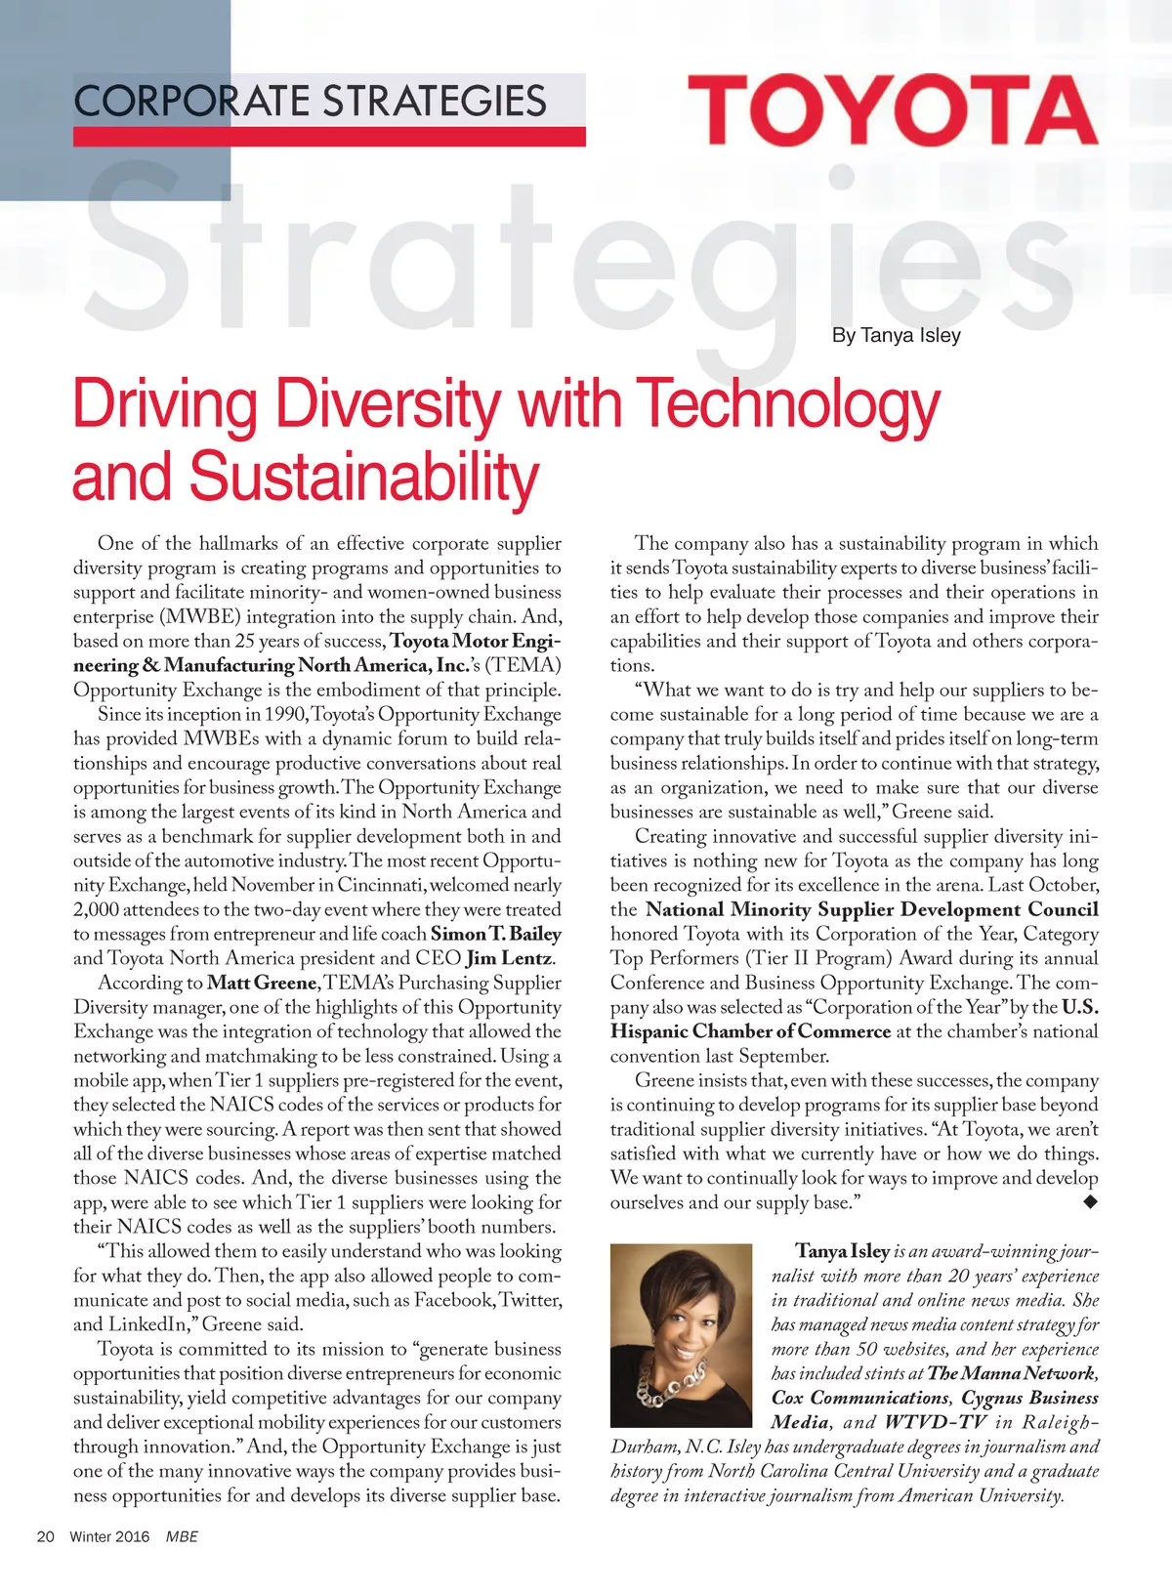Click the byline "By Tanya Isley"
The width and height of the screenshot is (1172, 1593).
[x=896, y=335]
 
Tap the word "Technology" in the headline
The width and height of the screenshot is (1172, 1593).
[x=787, y=404]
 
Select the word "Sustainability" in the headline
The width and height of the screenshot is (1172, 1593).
[x=363, y=477]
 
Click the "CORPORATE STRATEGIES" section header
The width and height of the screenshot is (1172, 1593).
[x=310, y=102]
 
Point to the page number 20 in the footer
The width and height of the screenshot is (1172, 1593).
[x=45, y=1536]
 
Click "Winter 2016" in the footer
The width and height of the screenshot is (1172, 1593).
[x=109, y=1536]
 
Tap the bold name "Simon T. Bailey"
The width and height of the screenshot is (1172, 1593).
[x=495, y=934]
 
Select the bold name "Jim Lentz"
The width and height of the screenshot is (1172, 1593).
[x=511, y=958]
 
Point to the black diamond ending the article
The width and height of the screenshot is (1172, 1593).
[x=1090, y=1202]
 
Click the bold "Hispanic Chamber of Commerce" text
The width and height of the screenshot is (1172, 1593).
[x=750, y=1031]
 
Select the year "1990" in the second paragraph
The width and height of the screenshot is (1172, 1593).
[x=286, y=714]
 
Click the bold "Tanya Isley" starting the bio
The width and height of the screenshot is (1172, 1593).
[x=842, y=1251]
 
